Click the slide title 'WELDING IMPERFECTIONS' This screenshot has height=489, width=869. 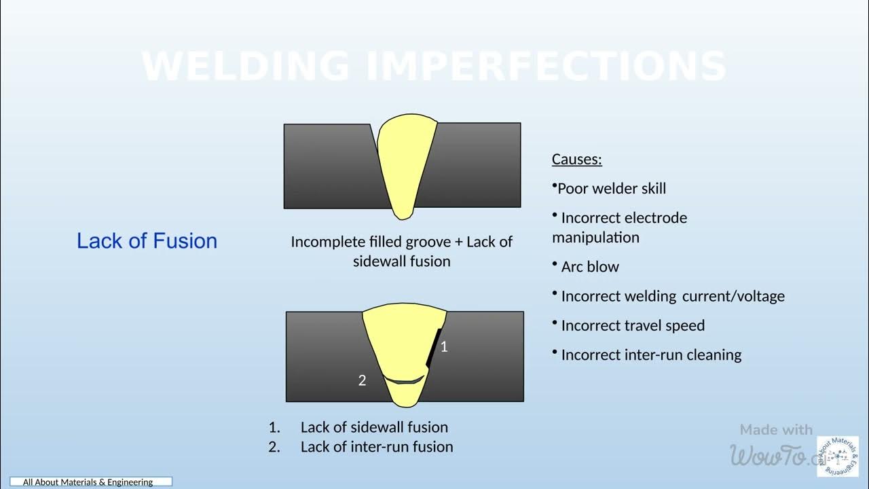click(434, 66)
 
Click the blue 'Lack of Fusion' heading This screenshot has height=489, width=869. click(147, 241)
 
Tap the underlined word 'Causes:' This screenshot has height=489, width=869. click(576, 160)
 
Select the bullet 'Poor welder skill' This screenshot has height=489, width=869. click(611, 189)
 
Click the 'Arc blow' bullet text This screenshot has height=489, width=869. click(589, 267)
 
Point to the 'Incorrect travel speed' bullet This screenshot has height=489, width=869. click(632, 325)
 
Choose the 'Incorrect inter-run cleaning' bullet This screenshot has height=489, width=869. click(650, 355)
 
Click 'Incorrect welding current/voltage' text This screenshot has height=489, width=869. click(672, 296)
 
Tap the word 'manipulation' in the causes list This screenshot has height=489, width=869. click(595, 238)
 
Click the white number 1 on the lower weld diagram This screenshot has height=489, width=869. click(444, 347)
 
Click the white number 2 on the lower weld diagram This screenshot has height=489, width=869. click(362, 381)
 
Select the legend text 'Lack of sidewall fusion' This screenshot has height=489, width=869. click(374, 427)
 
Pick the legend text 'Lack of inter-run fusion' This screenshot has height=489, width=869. click(377, 447)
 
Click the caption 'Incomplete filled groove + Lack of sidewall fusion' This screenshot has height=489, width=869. click(401, 251)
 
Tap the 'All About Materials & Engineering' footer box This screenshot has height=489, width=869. click(90, 482)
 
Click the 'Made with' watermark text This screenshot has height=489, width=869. click(776, 430)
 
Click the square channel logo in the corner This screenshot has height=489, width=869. click(837, 456)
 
